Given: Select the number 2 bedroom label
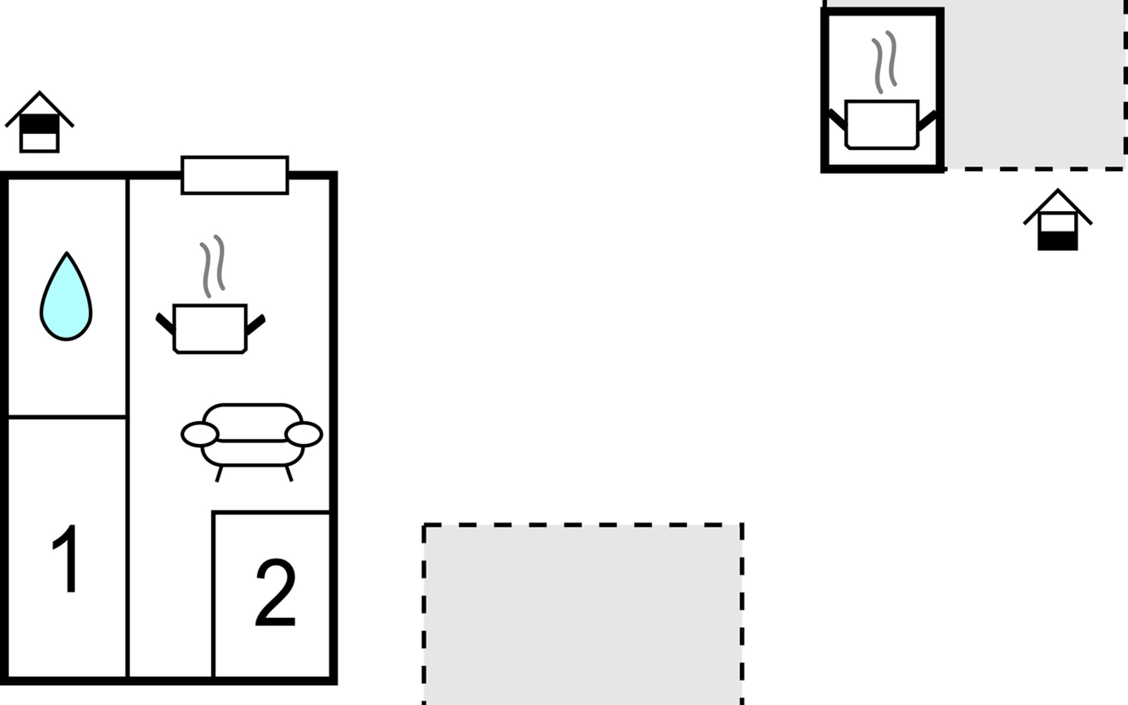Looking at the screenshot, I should click(275, 593).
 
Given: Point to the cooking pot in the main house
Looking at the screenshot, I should click(210, 329).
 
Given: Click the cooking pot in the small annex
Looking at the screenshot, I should click(881, 125).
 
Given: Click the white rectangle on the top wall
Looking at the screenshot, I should click(234, 175).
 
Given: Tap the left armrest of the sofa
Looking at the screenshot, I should click(200, 435).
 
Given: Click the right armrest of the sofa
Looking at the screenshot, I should click(304, 435).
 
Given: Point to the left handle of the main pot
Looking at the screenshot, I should click(164, 323).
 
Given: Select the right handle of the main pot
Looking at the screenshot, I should click(256, 324).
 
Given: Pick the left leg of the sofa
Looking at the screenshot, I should click(219, 474).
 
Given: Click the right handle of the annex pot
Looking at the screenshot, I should click(927, 120).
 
